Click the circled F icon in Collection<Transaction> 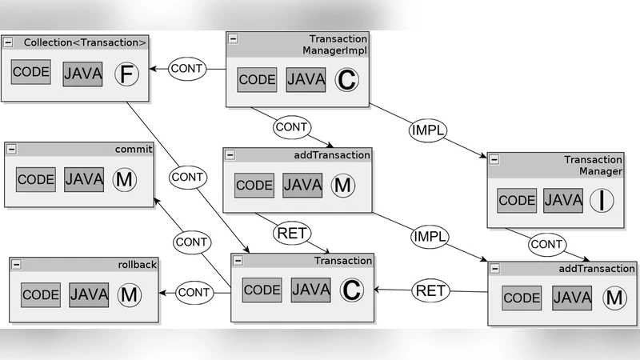point(126,74)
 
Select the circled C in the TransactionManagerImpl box point(347,80)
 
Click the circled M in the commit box point(125,179)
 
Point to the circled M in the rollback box point(129,294)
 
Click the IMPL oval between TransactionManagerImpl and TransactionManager point(429,130)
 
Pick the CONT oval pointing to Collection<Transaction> point(187,70)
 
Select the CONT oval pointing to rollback point(193,292)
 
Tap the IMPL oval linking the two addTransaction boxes point(430,237)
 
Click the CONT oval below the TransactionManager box point(547,243)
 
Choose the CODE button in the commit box point(36,179)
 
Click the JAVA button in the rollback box point(88,294)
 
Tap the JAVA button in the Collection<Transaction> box point(83,74)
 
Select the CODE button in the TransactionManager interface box point(517,200)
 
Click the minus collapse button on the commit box point(12,150)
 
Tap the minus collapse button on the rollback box point(17,265)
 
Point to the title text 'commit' point(133,150)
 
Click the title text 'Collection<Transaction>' point(85,42)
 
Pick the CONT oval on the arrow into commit point(192,242)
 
